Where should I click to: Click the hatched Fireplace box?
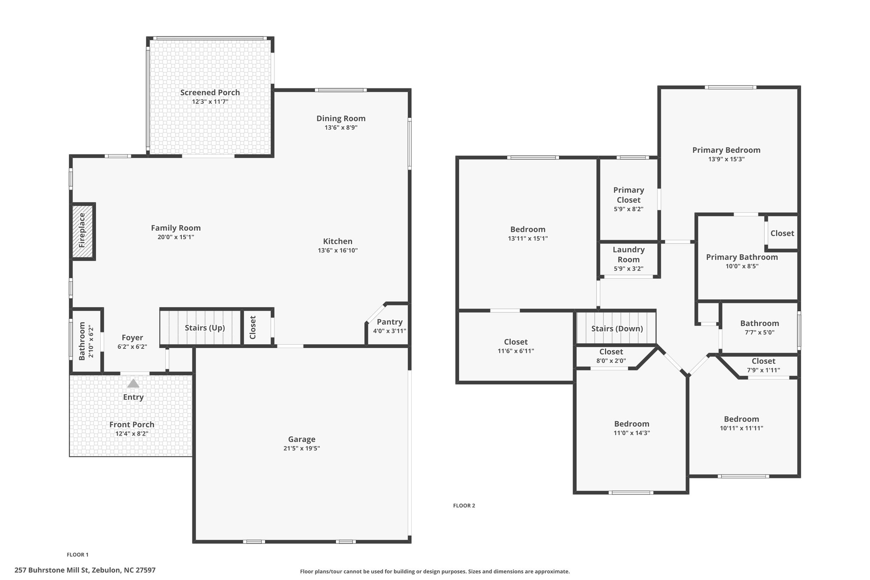click(x=82, y=231)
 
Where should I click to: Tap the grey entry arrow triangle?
click(x=133, y=383)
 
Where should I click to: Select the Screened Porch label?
click(x=210, y=93)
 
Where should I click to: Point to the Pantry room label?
click(x=390, y=322)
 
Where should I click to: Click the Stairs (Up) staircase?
click(x=201, y=327)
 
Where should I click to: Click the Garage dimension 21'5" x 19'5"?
click(x=302, y=448)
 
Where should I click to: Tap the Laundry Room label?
click(x=629, y=255)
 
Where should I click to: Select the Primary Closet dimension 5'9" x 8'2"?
click(x=629, y=209)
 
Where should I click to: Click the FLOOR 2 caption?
click(x=464, y=506)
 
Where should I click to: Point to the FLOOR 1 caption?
click(x=78, y=555)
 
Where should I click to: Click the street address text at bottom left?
click(x=85, y=570)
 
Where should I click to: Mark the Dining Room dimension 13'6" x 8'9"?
click(x=341, y=127)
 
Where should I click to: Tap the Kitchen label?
click(x=338, y=241)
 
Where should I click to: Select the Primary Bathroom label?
click(x=742, y=257)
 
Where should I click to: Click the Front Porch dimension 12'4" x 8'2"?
click(x=132, y=434)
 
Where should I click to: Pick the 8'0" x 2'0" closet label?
click(x=611, y=361)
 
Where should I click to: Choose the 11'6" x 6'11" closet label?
click(x=516, y=351)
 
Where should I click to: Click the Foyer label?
click(x=132, y=338)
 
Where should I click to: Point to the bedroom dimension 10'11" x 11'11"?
click(x=741, y=428)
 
